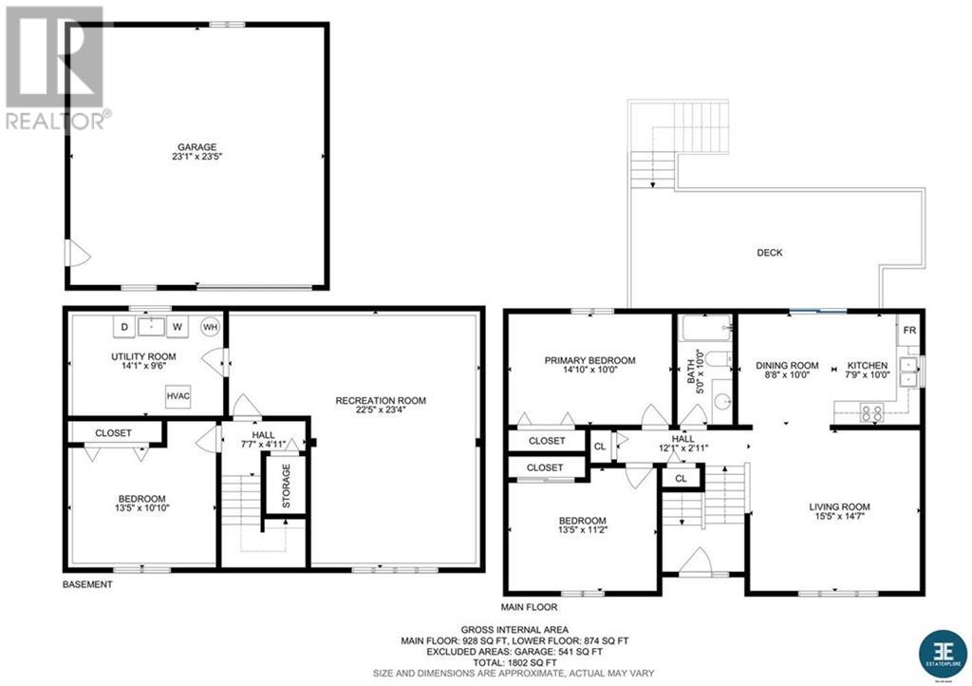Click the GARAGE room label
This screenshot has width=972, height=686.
(x=196, y=147)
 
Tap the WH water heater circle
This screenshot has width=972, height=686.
(x=209, y=328)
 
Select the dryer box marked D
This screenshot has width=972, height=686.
(x=124, y=328)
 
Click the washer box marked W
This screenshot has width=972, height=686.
(x=177, y=328)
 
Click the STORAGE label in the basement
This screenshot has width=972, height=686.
(x=286, y=486)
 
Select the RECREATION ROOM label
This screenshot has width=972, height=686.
(x=381, y=400)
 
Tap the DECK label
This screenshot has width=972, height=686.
(x=770, y=253)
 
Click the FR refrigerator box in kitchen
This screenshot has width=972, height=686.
(x=908, y=331)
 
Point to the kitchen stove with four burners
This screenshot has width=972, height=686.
(x=870, y=413)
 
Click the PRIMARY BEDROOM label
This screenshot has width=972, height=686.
(x=589, y=360)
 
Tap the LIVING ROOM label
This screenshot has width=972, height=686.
(x=839, y=506)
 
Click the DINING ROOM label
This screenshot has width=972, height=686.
(x=787, y=365)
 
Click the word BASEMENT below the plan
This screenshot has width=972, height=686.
(x=87, y=584)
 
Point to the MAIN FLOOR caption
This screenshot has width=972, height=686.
(x=530, y=606)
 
